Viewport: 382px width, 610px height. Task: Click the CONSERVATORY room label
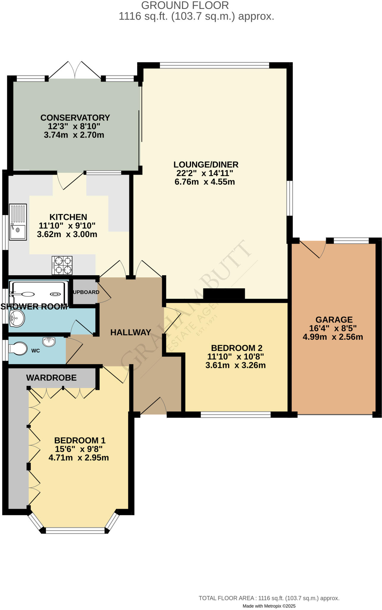pyautogui.click(x=75, y=118)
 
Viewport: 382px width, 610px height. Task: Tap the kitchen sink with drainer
pyautogui.click(x=18, y=222)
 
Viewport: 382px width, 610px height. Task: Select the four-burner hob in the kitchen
pyautogui.click(x=62, y=265)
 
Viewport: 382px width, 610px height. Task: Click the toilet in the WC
pyautogui.click(x=18, y=348)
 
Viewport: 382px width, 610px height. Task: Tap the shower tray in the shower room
pyautogui.click(x=39, y=293)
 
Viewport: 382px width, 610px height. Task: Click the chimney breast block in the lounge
pyautogui.click(x=224, y=294)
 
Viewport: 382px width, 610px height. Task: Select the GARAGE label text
pyautogui.click(x=334, y=320)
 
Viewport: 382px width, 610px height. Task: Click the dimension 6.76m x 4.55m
pyautogui.click(x=205, y=182)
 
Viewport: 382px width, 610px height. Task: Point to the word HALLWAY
pyautogui.click(x=131, y=332)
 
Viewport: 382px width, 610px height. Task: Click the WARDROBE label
pyautogui.click(x=51, y=378)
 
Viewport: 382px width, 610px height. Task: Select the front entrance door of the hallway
pyautogui.click(x=153, y=407)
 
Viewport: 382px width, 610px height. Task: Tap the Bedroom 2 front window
pyautogui.click(x=236, y=414)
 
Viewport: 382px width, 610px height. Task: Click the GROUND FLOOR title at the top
pyautogui.click(x=185, y=5)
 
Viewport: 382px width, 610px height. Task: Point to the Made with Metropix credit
pyautogui.click(x=269, y=606)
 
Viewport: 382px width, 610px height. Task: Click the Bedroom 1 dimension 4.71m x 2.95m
pyautogui.click(x=79, y=457)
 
